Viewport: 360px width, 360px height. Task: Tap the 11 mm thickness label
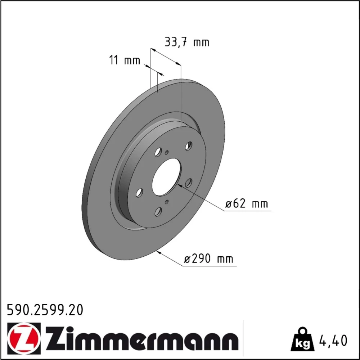124,60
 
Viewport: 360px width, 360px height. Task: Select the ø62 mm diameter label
246,204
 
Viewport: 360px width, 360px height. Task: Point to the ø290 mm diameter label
208,259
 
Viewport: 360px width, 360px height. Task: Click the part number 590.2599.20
45,310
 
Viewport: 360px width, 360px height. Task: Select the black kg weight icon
302,339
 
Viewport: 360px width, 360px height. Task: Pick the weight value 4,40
332,341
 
